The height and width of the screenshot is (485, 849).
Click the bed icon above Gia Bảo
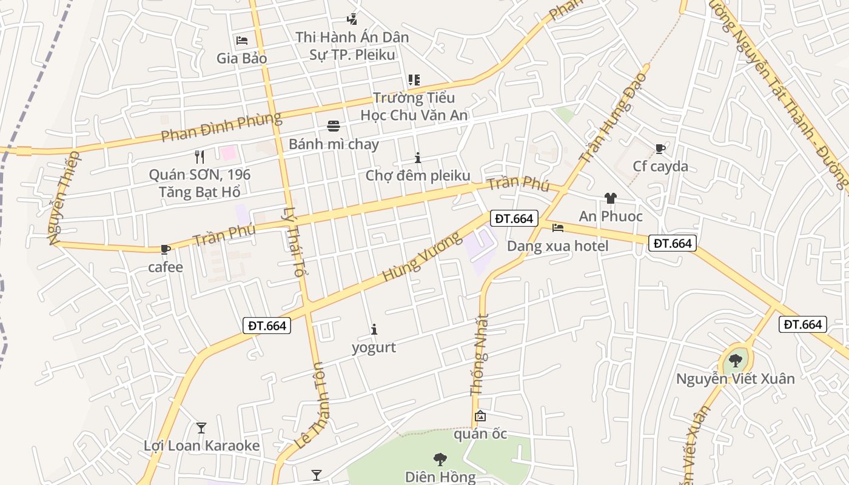[x=242, y=41]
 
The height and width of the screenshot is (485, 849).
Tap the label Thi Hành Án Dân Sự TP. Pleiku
[x=352, y=46]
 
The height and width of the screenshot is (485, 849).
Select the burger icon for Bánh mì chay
[x=334, y=126]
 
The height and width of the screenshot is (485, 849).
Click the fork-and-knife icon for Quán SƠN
[x=200, y=157]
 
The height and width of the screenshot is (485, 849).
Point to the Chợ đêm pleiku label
[x=418, y=176]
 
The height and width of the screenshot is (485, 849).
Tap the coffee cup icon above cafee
[x=165, y=249]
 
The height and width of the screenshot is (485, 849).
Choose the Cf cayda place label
[x=660, y=166]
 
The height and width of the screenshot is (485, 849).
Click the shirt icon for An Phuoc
[x=610, y=198]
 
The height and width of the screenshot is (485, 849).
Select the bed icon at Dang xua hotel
[x=558, y=228]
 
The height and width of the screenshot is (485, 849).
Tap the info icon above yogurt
[x=374, y=330]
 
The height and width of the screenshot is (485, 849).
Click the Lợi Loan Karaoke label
[x=202, y=446]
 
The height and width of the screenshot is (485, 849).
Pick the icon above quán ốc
[x=480, y=416]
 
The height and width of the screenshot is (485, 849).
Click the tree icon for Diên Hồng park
[x=440, y=459]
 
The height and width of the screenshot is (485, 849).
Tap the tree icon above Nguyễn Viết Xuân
[x=736, y=361]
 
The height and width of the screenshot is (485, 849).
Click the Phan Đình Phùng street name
[x=221, y=127]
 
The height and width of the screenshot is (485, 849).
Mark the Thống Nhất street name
[x=480, y=355]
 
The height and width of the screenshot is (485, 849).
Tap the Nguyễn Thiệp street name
[x=64, y=198]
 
